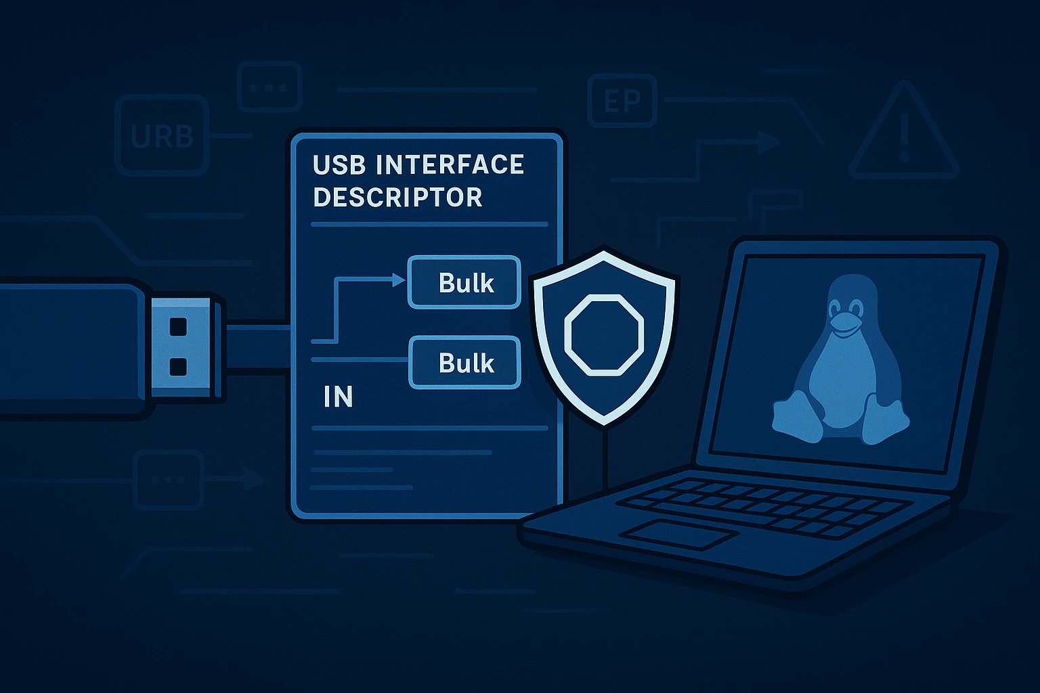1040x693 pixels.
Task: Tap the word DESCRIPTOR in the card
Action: click(x=397, y=197)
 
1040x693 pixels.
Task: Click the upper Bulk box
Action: click(x=464, y=282)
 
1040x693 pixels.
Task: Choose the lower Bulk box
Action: click(x=464, y=363)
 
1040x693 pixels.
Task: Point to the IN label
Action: click(x=338, y=397)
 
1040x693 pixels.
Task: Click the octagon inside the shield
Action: click(x=603, y=334)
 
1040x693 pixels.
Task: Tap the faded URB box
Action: click(x=162, y=136)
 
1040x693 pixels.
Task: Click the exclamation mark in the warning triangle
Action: click(x=904, y=138)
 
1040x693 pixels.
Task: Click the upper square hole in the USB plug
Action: click(x=177, y=326)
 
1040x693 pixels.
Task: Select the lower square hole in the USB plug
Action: click(x=177, y=367)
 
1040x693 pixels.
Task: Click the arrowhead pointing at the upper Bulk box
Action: click(x=398, y=279)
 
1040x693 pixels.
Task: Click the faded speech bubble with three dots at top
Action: click(x=269, y=87)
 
